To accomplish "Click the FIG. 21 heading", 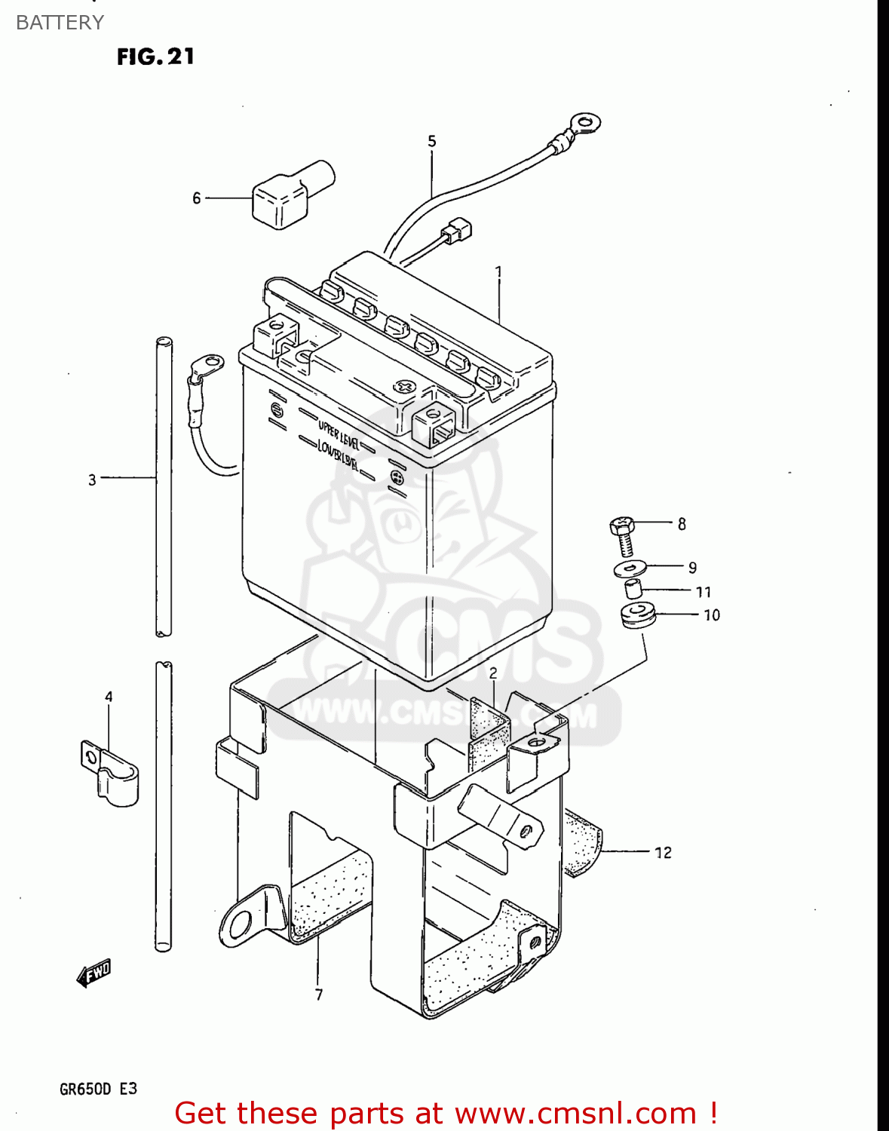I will [155, 57].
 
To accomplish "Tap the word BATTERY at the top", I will [60, 23].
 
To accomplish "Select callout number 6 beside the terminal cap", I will [197, 198].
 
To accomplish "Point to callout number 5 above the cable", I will [432, 141].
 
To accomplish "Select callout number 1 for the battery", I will [498, 271].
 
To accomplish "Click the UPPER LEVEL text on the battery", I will [339, 434].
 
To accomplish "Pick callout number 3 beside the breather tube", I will [92, 480].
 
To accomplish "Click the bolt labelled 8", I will [622, 535].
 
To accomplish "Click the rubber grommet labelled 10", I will [638, 615].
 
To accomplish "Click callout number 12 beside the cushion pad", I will [663, 853].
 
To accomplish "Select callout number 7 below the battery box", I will [319, 995].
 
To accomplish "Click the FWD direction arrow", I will [94, 973].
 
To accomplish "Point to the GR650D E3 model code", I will [98, 1089].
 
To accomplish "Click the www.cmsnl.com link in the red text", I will [575, 1114].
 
